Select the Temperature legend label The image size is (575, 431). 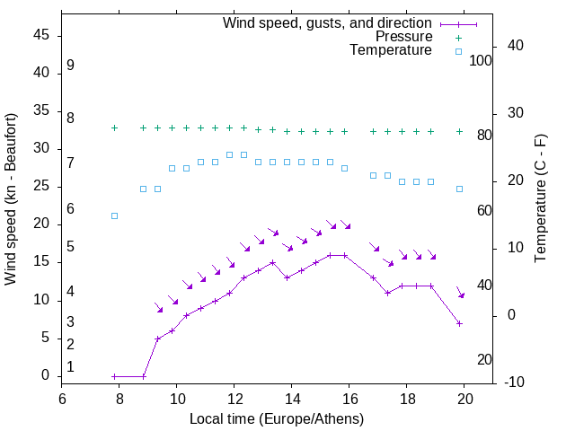(391, 50)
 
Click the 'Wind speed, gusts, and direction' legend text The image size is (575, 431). (328, 23)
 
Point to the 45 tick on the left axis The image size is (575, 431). (41, 35)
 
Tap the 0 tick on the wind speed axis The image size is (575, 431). (45, 376)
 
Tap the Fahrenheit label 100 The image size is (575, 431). (481, 61)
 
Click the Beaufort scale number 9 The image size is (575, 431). (70, 66)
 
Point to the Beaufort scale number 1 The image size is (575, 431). (70, 366)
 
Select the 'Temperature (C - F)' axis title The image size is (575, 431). (541, 199)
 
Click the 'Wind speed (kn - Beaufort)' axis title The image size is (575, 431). (12, 199)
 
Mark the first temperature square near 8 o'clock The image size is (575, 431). (114, 215)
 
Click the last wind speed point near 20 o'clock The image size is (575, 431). (459, 323)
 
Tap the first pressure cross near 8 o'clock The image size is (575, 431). (114, 128)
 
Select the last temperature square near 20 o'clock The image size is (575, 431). (459, 189)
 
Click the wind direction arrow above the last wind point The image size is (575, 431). (460, 292)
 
